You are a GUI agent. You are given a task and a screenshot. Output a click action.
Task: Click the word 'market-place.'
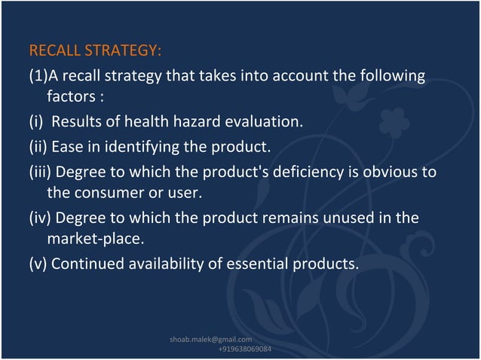click(x=94, y=239)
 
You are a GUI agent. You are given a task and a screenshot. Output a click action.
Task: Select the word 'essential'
click(x=265, y=264)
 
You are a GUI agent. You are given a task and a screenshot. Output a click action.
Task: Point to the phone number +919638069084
click(x=245, y=349)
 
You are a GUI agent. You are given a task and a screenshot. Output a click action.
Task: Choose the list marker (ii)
click(x=38, y=145)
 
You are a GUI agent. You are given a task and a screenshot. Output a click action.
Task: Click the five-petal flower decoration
click(x=394, y=122)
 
